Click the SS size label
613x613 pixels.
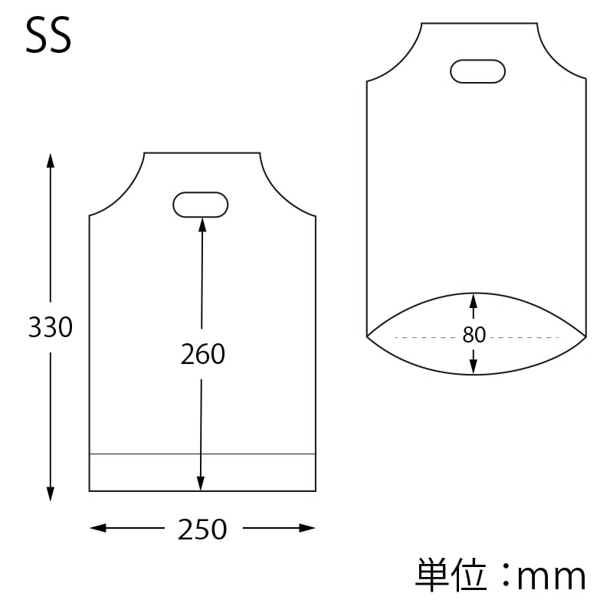pos(49,36)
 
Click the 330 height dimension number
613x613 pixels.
pos(51,328)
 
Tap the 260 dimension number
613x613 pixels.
pos(202,354)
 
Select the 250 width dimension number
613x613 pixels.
pos(202,529)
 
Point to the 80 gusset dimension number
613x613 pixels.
pos(474,336)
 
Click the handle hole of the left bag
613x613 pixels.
pos(201,205)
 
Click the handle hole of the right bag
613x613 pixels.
pos(478,71)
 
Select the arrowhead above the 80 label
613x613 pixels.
pos(474,299)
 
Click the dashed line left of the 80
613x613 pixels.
pos(425,337)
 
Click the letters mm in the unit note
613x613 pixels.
pos(552,576)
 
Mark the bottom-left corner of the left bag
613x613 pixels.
pos(90,490)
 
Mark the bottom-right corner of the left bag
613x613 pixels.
pos(316,490)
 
